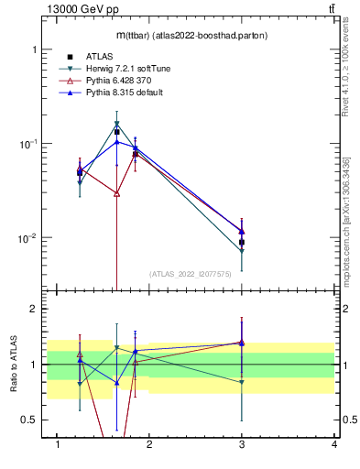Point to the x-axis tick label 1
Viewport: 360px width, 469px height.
pyautogui.click(x=59, y=444)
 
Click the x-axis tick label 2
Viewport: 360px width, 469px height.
pyautogui.click(x=150, y=444)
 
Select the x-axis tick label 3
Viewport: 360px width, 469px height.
pyautogui.click(x=242, y=444)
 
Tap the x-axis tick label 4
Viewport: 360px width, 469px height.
pyautogui.click(x=333, y=444)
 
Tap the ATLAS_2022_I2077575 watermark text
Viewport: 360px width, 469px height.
pyautogui.click(x=190, y=273)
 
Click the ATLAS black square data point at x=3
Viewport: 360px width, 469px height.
pyautogui.click(x=242, y=243)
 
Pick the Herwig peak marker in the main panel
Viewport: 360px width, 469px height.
pyautogui.click(x=117, y=124)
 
